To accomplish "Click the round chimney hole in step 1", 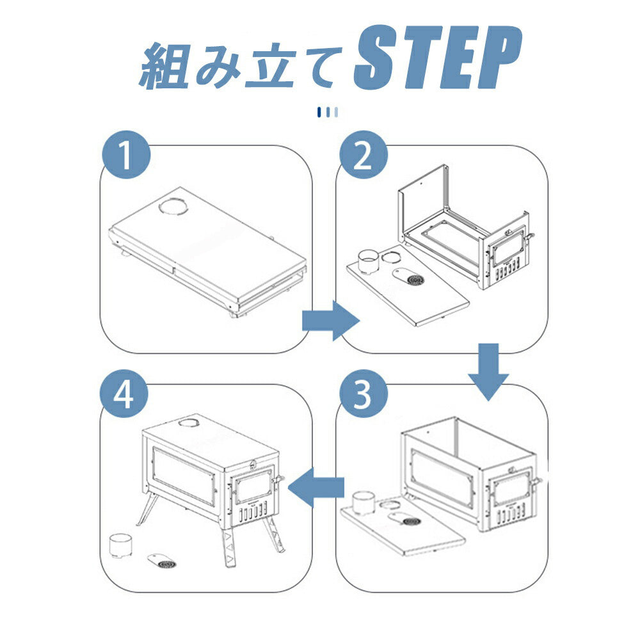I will [x=172, y=207].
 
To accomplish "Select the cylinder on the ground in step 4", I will [x=120, y=545].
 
